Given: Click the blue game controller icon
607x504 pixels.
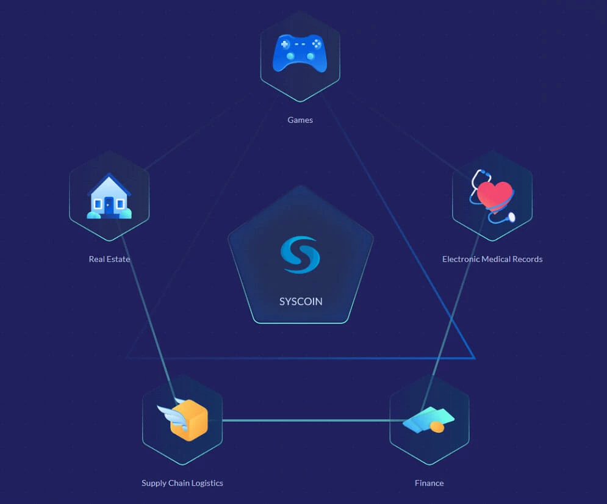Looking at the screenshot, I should tap(300, 53).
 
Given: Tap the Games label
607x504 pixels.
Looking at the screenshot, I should tap(300, 120).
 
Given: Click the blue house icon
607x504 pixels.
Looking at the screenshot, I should tap(109, 196).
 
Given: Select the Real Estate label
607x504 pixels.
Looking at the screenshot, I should tap(109, 259).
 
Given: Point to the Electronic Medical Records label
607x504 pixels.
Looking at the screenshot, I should tap(492, 259).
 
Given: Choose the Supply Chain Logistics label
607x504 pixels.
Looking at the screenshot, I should tap(182, 483).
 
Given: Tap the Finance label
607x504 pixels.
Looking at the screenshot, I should tap(429, 483).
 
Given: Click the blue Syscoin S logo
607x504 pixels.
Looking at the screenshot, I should tap(300, 255).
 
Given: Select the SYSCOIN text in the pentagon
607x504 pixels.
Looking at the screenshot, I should tap(301, 301).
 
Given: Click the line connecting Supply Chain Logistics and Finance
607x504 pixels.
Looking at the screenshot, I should tap(305, 420).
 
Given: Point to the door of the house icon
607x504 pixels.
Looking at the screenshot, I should tap(109, 204).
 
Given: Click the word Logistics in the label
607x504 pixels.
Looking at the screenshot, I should tap(204, 483).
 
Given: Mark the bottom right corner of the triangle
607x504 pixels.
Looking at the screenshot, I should tap(473, 358).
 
